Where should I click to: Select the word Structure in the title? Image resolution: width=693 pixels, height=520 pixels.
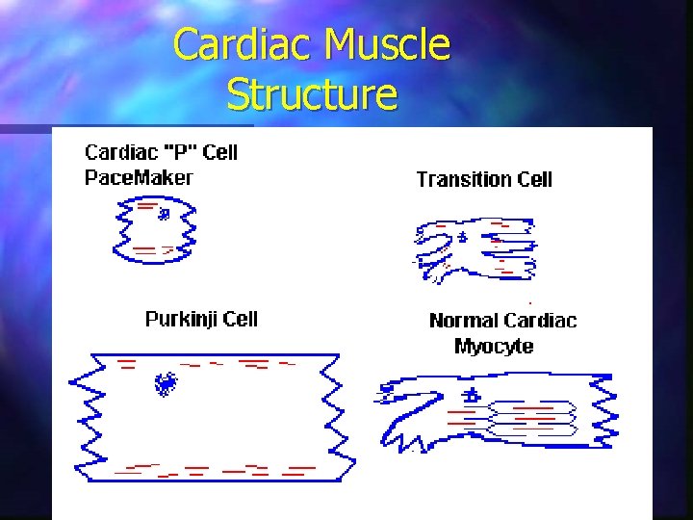(x=312, y=94)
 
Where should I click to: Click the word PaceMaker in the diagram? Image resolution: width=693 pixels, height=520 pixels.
(x=139, y=177)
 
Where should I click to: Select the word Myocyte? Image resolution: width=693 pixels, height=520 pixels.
(x=493, y=346)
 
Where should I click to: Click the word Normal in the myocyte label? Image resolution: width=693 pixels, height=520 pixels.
(x=463, y=321)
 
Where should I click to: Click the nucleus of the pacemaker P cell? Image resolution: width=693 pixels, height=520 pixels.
(x=166, y=214)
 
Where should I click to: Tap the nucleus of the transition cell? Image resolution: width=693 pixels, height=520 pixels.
(x=462, y=236)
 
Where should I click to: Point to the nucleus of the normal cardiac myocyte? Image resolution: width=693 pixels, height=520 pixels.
(x=473, y=395)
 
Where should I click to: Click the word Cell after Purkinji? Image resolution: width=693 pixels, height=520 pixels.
(x=240, y=319)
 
